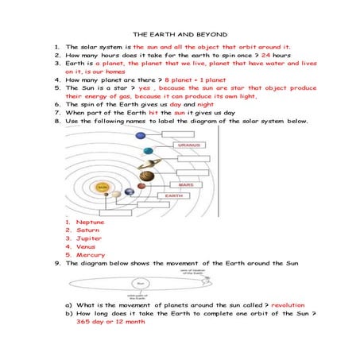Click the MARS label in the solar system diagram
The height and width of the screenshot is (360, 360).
[185, 184]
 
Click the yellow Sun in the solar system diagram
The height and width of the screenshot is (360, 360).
[102, 188]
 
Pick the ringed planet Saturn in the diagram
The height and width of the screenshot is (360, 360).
[148, 175]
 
